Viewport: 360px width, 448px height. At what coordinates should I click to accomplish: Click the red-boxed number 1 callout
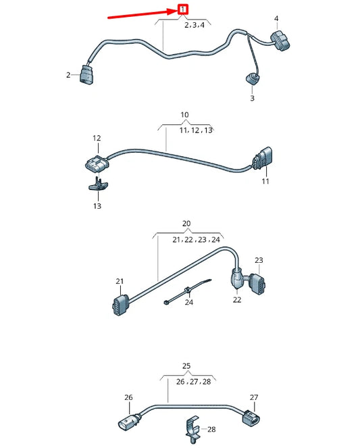pos(182,9)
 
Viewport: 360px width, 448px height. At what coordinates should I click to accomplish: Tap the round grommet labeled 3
pos(253,77)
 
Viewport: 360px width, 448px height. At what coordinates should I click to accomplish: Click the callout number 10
pos(184,116)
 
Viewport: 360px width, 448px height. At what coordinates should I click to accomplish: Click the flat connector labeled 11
pos(263,160)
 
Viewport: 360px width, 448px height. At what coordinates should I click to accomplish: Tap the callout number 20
pos(186,224)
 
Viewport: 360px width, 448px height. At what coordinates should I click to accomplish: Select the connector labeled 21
pos(120,305)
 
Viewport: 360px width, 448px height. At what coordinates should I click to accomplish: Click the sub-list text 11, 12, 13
pos(196,130)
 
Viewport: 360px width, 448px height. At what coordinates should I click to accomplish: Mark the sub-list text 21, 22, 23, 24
pos(196,239)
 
